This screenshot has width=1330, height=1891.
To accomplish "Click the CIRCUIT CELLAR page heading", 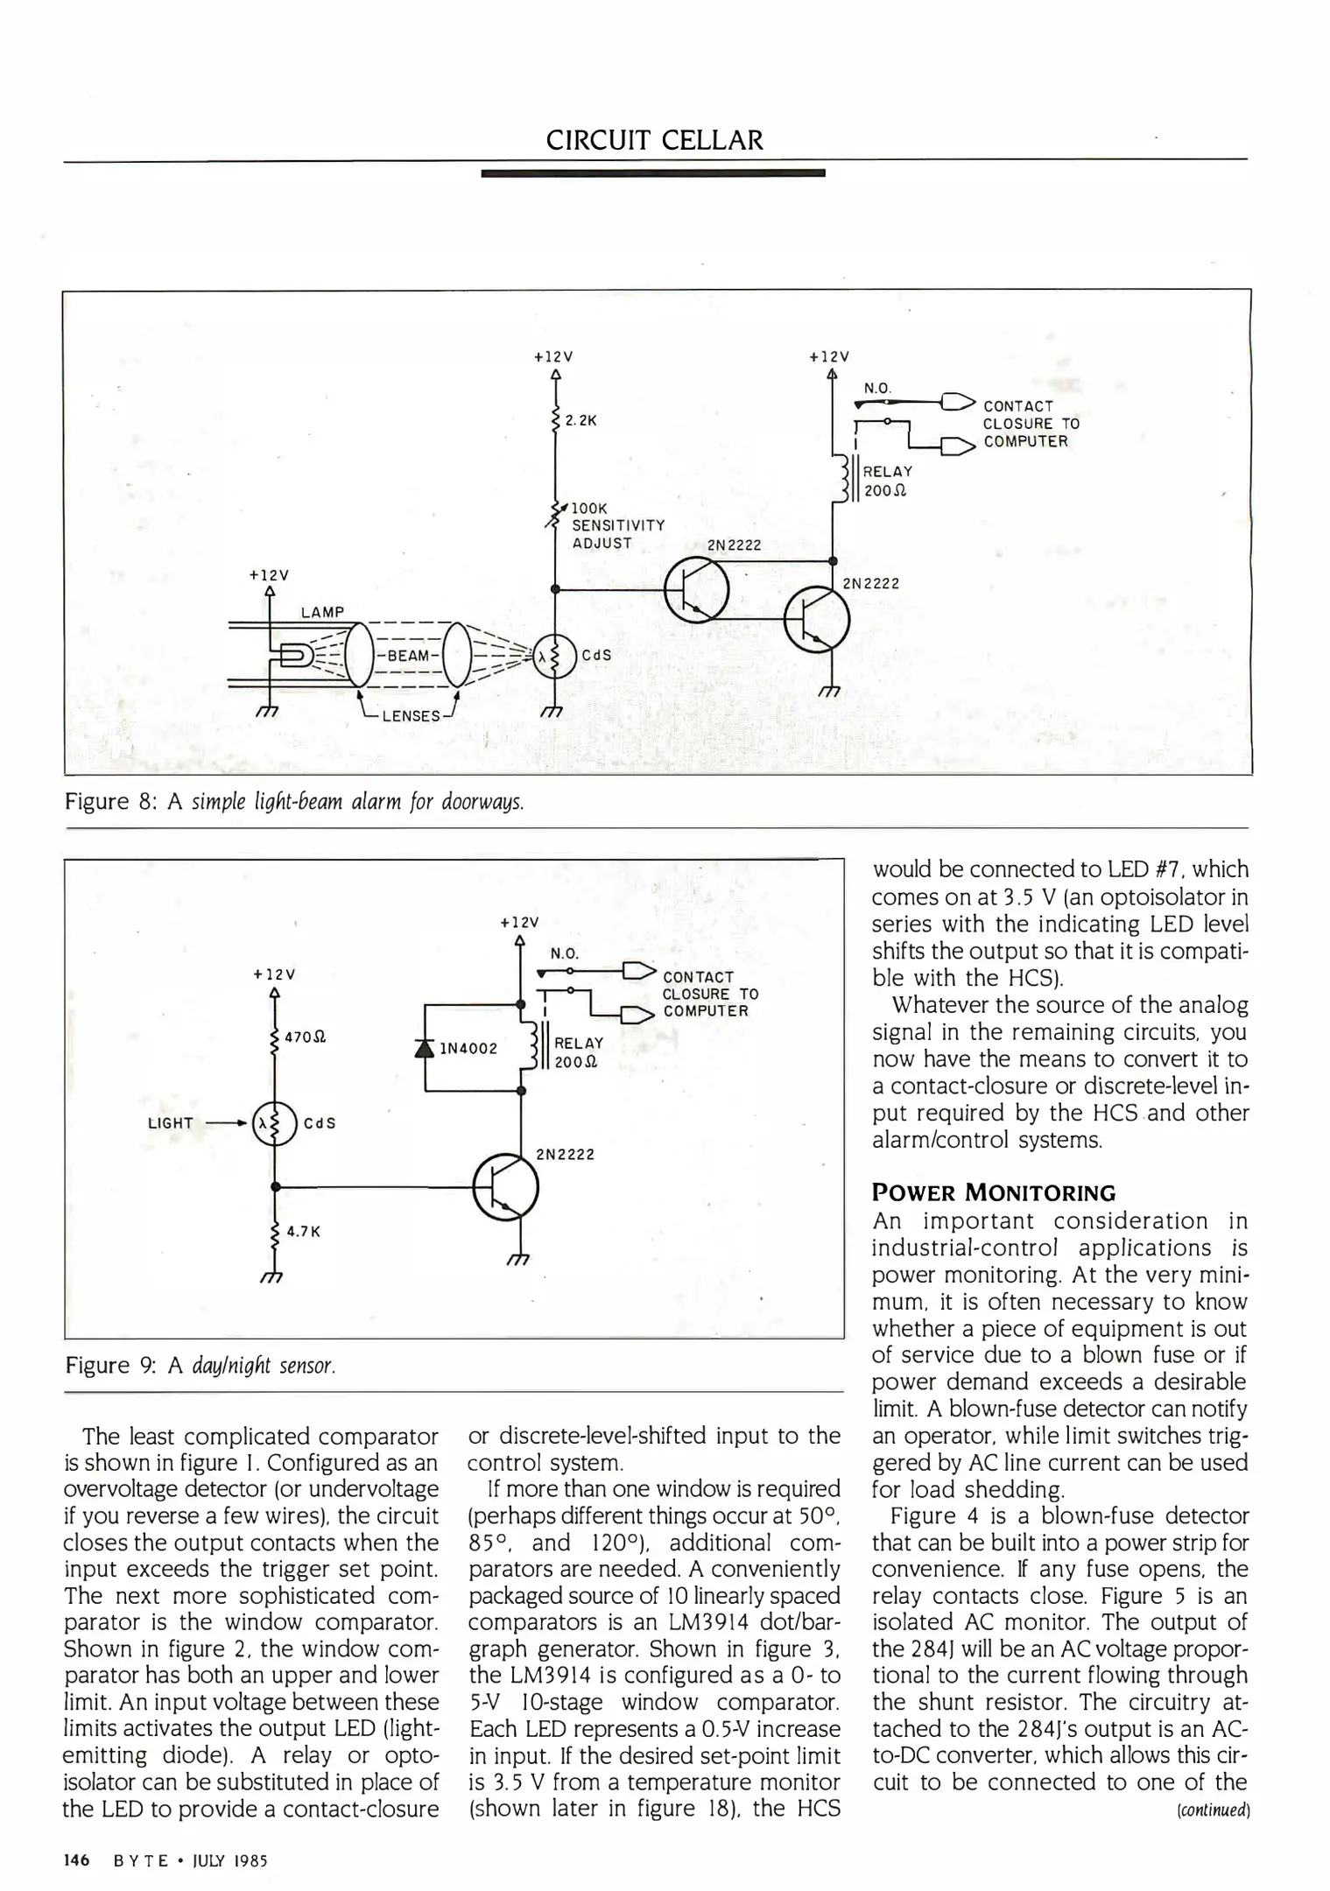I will (x=654, y=140).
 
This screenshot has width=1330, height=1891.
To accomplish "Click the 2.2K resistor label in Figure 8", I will (x=581, y=421).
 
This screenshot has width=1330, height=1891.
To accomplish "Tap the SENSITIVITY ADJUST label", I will (x=617, y=533).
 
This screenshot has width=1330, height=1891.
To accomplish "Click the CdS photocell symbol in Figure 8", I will (x=554, y=656).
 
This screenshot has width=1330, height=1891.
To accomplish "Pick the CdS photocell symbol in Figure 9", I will (x=274, y=1122).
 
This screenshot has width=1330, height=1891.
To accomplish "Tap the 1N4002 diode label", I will (x=468, y=1048).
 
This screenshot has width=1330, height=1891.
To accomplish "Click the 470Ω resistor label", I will (x=306, y=1037).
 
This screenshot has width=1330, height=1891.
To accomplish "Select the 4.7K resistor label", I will (x=304, y=1231).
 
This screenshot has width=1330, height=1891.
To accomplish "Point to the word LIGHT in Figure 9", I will (x=171, y=1123).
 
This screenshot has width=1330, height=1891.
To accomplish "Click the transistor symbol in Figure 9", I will (x=505, y=1188).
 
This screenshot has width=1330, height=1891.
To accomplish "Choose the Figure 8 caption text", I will (x=294, y=801).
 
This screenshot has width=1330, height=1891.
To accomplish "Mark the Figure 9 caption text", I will (x=201, y=1366).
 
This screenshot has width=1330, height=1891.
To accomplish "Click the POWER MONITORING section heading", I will (x=994, y=1192).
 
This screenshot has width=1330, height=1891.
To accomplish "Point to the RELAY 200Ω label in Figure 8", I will (x=886, y=481).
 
